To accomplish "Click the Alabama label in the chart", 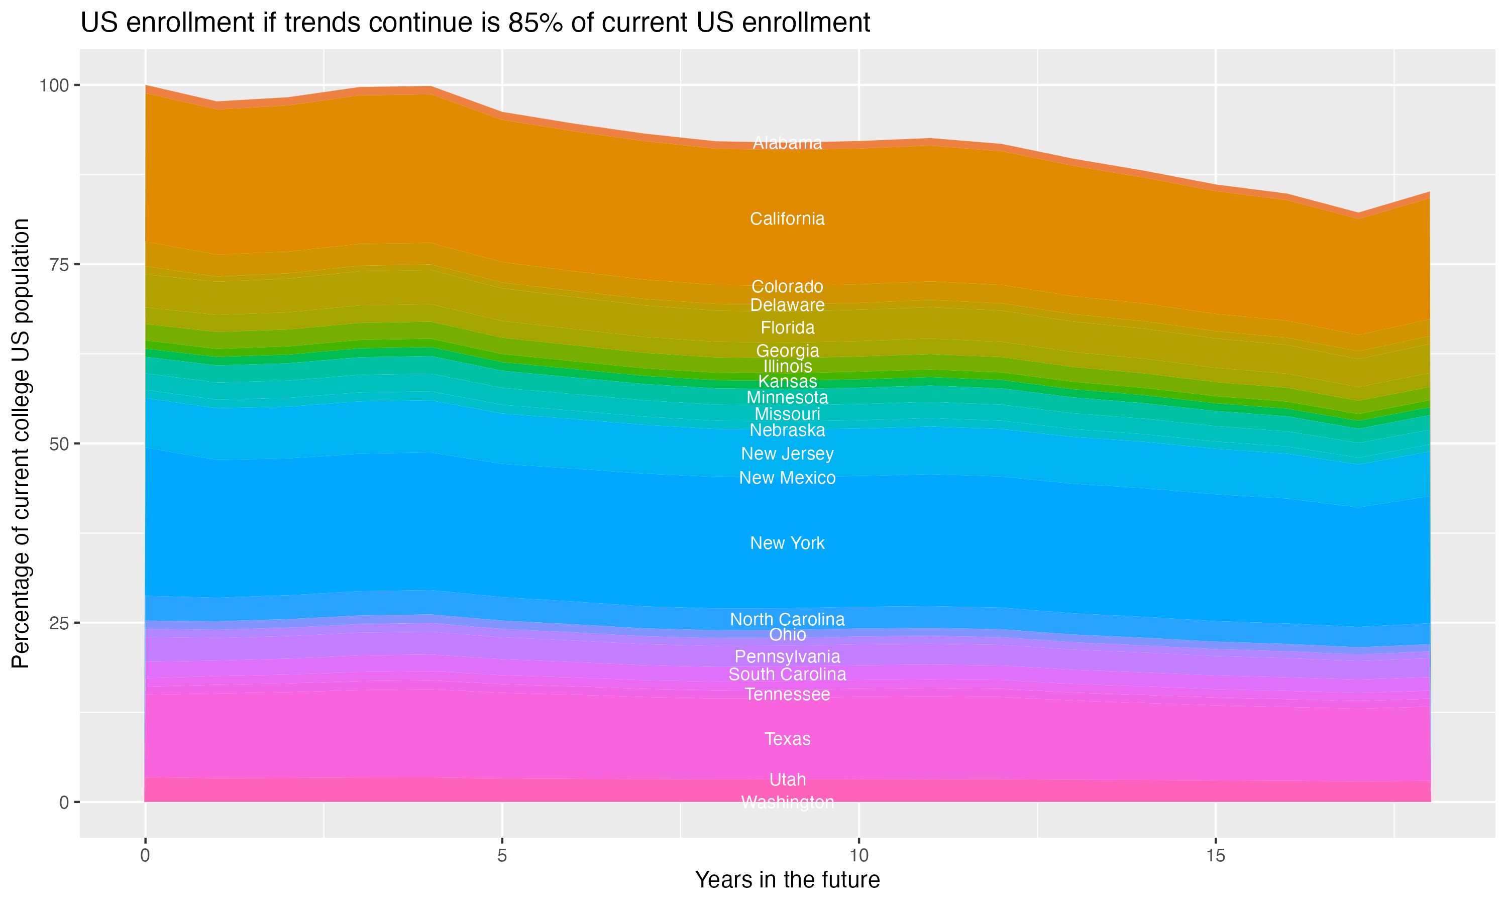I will pyautogui.click(x=787, y=143).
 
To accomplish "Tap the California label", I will pyautogui.click(x=787, y=218).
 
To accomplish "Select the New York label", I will pyautogui.click(x=787, y=543).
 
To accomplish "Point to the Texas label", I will pyautogui.click(x=787, y=739).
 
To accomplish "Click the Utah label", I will pyautogui.click(x=787, y=780).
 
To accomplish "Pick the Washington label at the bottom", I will pyautogui.click(x=787, y=802).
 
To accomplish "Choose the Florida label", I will pyautogui.click(x=787, y=328).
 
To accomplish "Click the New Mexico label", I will pyautogui.click(x=787, y=478).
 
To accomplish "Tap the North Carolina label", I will pyautogui.click(x=787, y=620).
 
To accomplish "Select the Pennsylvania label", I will pyautogui.click(x=787, y=657).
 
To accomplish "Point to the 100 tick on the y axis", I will pyautogui.click(x=54, y=85).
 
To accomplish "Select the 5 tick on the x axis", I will pyautogui.click(x=502, y=856).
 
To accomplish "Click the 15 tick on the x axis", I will pyautogui.click(x=1215, y=856).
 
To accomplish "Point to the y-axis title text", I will pyautogui.click(x=21, y=443).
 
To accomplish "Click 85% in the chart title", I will pyautogui.click(x=535, y=23).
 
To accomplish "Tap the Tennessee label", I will pyautogui.click(x=787, y=695).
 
